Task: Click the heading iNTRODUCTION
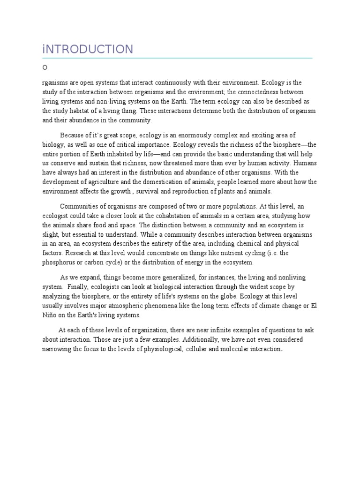tap(88, 49)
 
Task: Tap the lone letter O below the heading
tap(45, 67)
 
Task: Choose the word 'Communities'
tap(80, 206)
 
